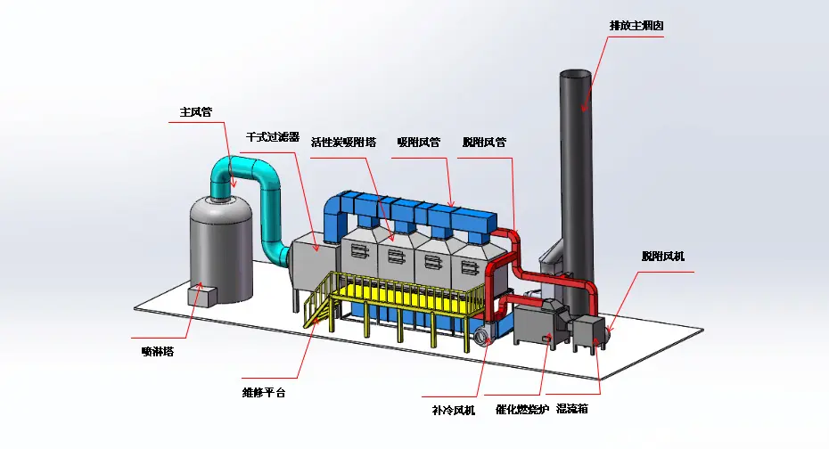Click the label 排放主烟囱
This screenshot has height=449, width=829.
636,26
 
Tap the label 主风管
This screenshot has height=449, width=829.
195,112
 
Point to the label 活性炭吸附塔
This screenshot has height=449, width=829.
343,142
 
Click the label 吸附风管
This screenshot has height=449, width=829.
418,142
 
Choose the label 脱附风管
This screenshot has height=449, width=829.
484,142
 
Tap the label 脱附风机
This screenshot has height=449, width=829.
663,257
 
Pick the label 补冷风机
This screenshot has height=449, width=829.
453,411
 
